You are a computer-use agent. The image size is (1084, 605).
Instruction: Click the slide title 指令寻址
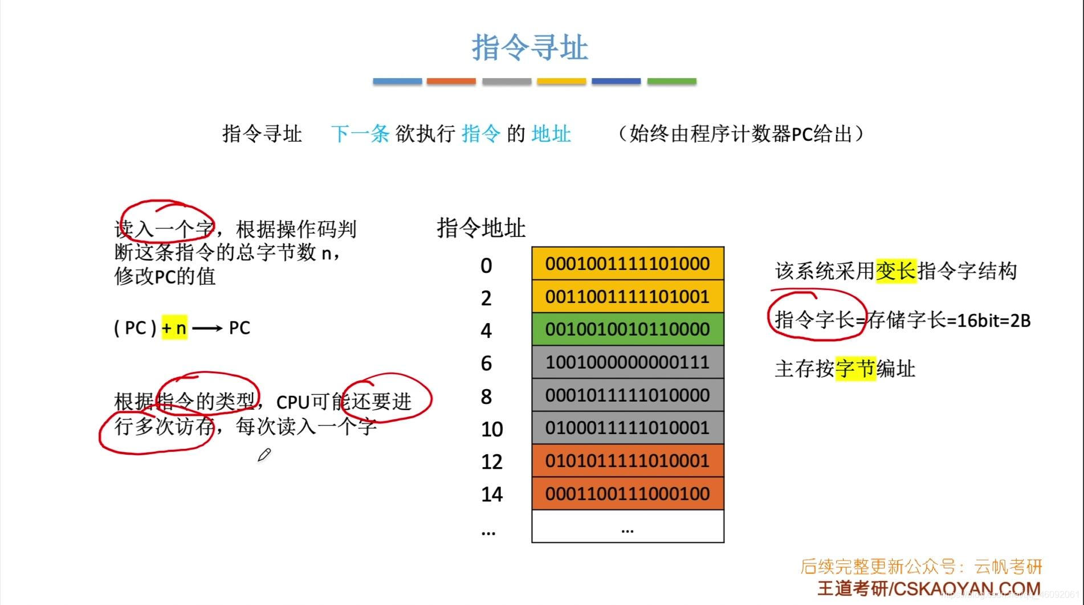coord(529,47)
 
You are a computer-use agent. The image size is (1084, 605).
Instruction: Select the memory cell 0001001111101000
coord(627,264)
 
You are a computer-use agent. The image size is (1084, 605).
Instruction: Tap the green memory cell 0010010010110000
coord(627,329)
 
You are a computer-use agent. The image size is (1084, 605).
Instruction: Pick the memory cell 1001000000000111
coord(627,362)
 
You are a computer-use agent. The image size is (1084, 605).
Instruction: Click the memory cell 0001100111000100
coord(627,493)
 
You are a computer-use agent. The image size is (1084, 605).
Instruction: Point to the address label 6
coord(486,363)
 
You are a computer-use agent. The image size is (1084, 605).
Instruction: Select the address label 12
coord(491,462)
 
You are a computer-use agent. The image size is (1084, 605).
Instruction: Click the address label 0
coord(486,266)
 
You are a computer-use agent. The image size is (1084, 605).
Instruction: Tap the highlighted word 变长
coord(896,271)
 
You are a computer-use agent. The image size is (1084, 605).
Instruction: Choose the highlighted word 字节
coord(855,369)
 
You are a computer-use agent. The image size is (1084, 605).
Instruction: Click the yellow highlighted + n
coord(174,328)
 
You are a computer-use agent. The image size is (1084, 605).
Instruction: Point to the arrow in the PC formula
coord(207,328)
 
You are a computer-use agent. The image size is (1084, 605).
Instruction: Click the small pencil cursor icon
coord(264,455)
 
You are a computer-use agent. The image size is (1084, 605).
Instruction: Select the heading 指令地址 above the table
coord(481,228)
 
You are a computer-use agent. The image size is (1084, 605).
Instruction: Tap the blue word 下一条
coord(360,134)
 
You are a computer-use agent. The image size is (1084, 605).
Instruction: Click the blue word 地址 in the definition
coord(551,134)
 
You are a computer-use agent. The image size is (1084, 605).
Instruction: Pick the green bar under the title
coord(671,81)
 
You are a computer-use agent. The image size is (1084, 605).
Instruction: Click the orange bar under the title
coord(451,81)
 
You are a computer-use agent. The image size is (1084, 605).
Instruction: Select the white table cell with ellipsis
coord(627,526)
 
